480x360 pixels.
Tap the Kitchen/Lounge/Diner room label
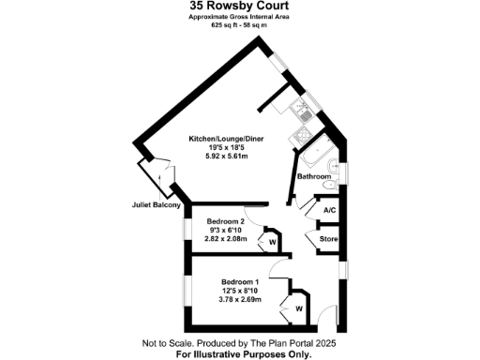pyautogui.click(x=226, y=139)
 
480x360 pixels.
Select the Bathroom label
pyautogui.click(x=313, y=176)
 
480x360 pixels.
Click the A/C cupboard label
pyautogui.click(x=329, y=211)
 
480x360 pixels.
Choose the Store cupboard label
pyautogui.click(x=328, y=240)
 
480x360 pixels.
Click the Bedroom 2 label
pyautogui.click(x=224, y=222)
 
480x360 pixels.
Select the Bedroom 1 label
pyautogui.click(x=240, y=282)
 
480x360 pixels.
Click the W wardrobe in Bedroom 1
pyautogui.click(x=299, y=307)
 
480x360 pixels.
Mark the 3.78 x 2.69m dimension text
pyautogui.click(x=240, y=299)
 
